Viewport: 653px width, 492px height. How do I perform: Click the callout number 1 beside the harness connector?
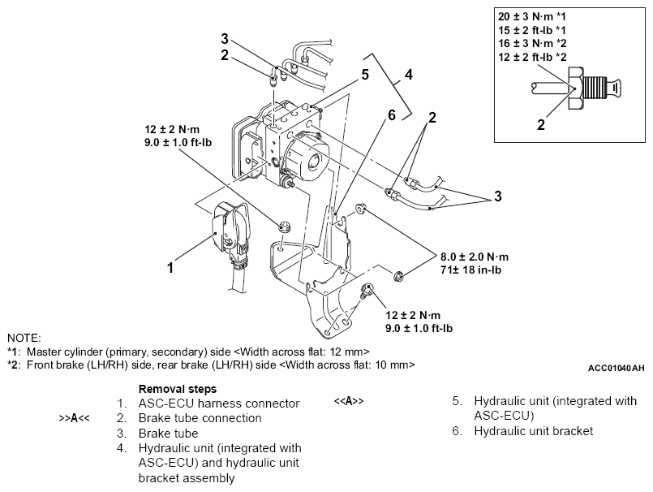170,267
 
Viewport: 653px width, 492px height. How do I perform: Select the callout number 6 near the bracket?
391,115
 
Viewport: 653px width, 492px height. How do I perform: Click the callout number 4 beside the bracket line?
409,74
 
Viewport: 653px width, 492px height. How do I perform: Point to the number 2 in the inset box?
540,125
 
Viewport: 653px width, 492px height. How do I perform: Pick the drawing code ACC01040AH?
616,368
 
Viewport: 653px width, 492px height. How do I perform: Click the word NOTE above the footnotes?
24,337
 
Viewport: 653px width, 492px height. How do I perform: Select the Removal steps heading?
177,388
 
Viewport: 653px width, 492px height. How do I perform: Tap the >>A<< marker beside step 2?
74,418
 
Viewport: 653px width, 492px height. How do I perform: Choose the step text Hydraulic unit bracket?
533,431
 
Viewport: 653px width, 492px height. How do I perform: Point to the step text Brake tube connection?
200,418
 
